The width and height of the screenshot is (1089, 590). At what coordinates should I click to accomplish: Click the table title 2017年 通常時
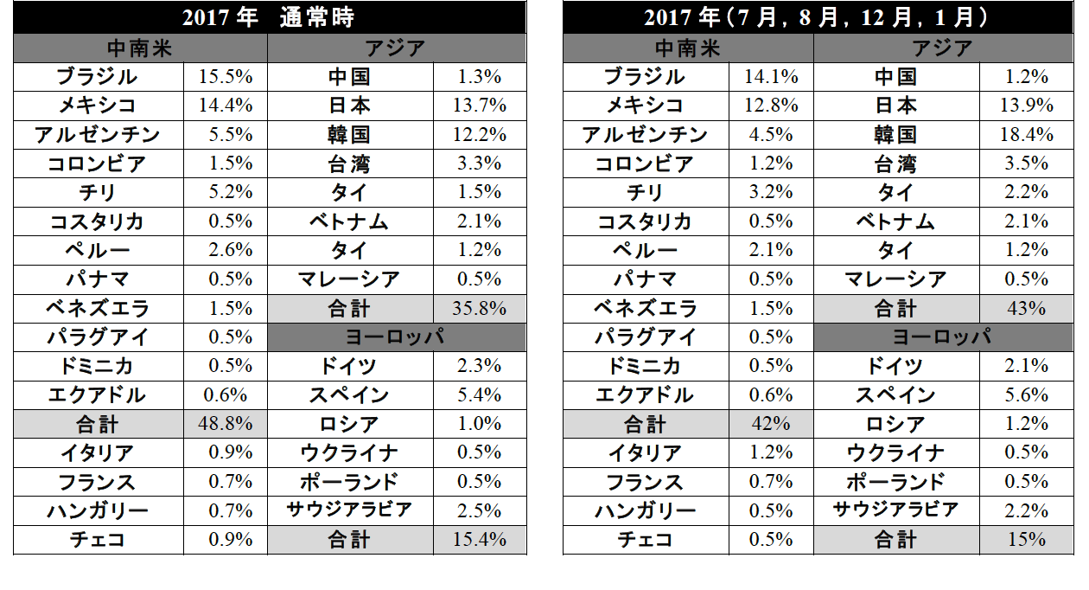pos(269,17)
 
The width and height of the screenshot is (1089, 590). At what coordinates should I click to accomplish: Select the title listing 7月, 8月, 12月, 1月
pos(818,17)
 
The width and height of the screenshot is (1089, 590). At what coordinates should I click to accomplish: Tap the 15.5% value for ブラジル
pos(226,76)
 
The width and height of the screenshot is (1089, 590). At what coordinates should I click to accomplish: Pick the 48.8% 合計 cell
pos(226,424)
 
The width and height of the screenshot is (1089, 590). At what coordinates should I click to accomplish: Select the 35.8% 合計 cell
pos(479,308)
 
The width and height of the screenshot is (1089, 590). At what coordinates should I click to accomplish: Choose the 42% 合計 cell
pos(771,424)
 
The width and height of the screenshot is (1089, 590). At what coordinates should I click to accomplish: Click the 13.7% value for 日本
pos(479,106)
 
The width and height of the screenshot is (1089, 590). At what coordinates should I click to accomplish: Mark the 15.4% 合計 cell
pos(479,540)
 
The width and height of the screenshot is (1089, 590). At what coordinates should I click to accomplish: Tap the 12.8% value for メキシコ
pos(771,106)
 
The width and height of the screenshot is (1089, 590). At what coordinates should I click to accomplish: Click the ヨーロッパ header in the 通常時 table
pos(396,337)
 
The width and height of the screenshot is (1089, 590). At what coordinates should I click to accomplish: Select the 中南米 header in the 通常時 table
pos(140,48)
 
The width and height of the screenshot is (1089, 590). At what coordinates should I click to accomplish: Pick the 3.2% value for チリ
pos(771,192)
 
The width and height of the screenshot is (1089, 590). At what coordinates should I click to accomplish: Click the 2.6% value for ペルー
pos(226,250)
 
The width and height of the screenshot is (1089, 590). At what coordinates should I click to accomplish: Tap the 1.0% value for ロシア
pos(479,424)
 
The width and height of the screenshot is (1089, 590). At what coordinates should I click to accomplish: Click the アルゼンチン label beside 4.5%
pos(645,135)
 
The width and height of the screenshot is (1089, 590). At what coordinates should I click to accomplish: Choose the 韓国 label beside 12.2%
pos(350,135)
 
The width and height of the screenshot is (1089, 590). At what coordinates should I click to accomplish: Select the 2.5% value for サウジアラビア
pos(479,510)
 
